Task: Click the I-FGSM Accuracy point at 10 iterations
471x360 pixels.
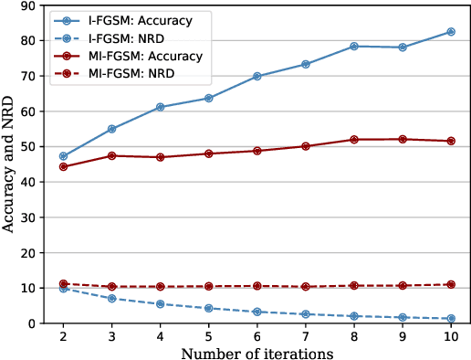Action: (x=450, y=32)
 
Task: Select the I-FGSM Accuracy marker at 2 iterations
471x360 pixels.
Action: (x=62, y=156)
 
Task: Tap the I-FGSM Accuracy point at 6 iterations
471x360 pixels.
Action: (x=256, y=76)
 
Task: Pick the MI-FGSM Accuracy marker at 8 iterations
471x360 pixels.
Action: (x=353, y=140)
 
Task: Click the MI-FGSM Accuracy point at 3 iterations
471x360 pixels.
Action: (x=111, y=155)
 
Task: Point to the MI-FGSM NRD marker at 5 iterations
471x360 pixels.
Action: (x=208, y=286)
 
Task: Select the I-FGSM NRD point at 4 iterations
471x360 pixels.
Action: (x=160, y=303)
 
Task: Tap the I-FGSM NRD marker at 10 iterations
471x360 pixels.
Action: (x=450, y=318)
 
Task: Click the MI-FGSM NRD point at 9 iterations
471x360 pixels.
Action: (x=402, y=285)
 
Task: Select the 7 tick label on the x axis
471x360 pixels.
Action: (x=305, y=336)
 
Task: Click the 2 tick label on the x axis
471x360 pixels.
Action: (x=62, y=336)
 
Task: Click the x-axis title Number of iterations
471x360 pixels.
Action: (x=256, y=352)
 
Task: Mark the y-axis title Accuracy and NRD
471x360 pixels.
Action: (x=8, y=164)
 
